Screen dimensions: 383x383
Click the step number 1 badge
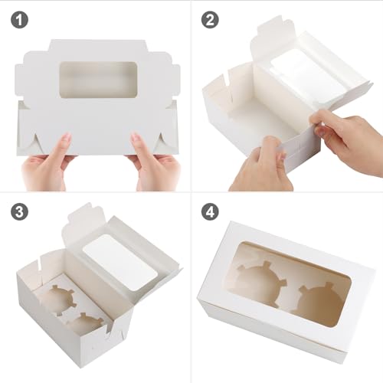19,20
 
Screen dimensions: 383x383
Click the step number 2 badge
210,20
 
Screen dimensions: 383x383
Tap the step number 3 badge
19,211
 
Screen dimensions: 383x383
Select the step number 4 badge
210,211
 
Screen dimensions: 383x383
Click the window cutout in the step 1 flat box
99,80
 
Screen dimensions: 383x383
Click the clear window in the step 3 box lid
120,263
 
